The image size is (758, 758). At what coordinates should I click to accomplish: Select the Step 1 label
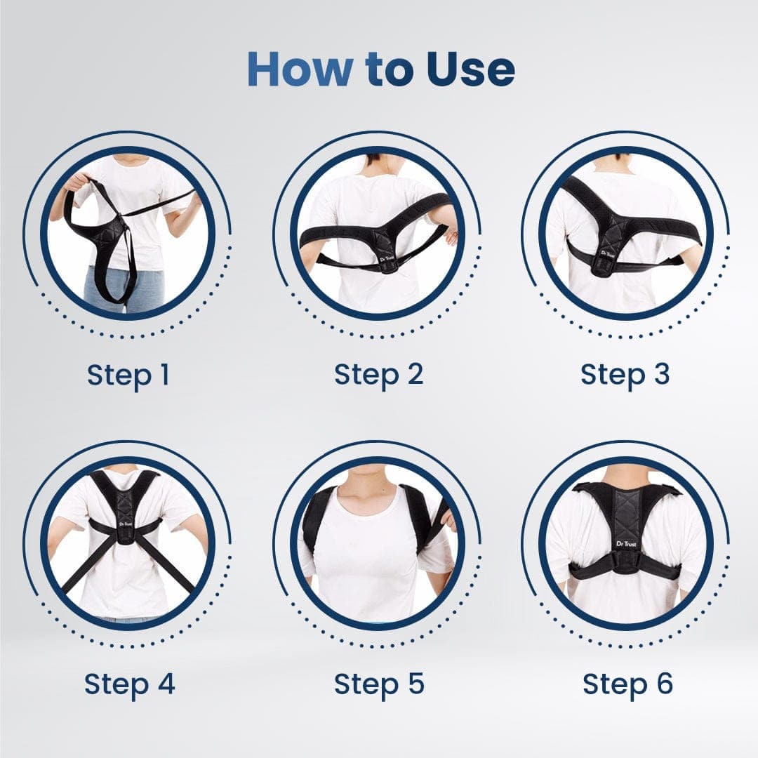point(128,375)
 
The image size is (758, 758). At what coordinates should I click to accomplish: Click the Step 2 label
point(379,375)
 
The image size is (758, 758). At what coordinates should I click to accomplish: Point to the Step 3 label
point(625,375)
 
